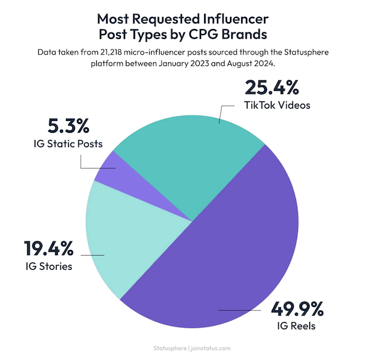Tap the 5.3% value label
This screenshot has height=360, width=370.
pyautogui.click(x=68, y=127)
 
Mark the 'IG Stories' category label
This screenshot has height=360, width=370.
pyautogui.click(x=48, y=267)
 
